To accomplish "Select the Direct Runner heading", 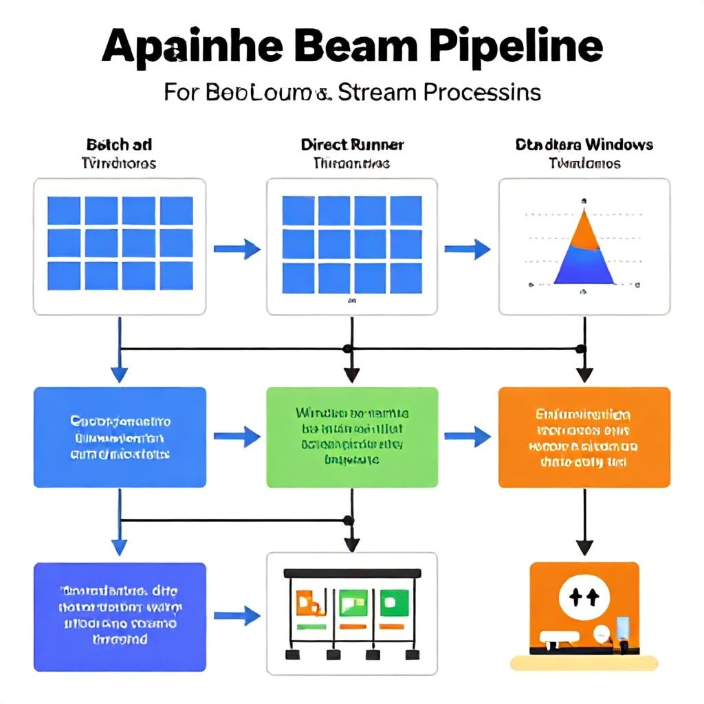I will click(x=352, y=145).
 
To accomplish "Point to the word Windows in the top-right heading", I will click(x=617, y=145).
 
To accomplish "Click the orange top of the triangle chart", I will click(x=584, y=223).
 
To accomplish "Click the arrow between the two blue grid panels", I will click(x=236, y=247).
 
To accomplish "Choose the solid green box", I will click(x=351, y=437).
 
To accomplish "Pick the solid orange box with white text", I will click(x=584, y=437).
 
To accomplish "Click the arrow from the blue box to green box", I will click(x=236, y=435).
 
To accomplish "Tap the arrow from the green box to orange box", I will click(x=467, y=435).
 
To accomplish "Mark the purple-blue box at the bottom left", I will click(x=120, y=617).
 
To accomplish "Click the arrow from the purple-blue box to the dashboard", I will click(x=236, y=616).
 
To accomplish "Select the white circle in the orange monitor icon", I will click(x=584, y=596).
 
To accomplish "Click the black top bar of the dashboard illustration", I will click(x=352, y=573).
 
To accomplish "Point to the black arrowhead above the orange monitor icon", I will click(x=584, y=547).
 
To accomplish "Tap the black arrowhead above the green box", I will click(x=352, y=375).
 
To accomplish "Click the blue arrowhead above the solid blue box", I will click(x=120, y=374).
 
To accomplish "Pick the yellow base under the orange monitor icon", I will click(x=584, y=663).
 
